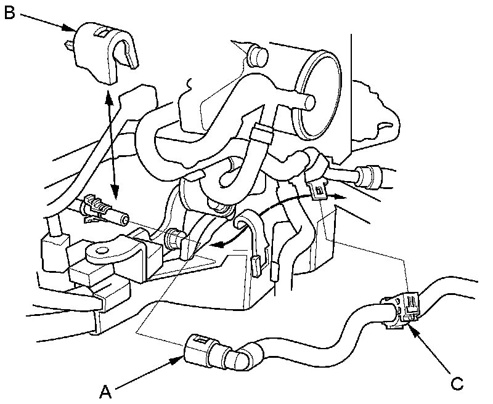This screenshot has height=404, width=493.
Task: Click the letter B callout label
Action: pos(9,12)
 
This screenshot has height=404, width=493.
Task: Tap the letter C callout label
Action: pos(456,383)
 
